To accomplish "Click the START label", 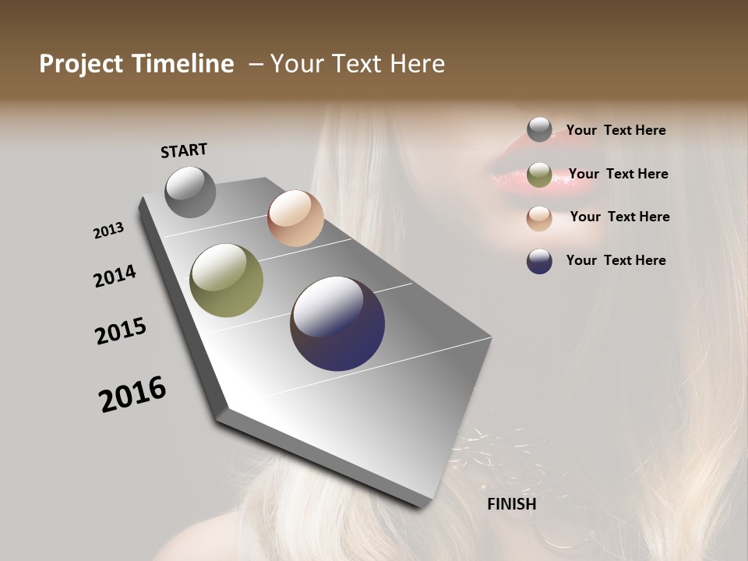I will coord(184,150).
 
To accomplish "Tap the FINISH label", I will coord(511,504).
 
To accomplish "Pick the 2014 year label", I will coord(115,276).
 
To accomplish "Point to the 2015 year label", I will coord(121,331).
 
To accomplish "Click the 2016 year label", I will coord(132,394).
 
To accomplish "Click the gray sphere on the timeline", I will coord(190,192).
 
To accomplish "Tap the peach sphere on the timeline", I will coord(295,218).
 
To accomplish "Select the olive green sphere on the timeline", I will coord(226,280).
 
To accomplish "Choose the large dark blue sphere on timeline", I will coord(337,323).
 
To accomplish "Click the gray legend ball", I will coord(539,129).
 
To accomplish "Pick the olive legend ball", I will coord(539,175).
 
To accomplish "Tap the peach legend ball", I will coord(539,217).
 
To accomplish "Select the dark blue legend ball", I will coord(539,260).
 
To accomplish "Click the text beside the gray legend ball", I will coord(616,130).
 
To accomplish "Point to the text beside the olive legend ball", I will coord(618,174).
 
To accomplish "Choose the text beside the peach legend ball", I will coord(619,217).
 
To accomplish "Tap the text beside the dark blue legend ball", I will coord(616,260).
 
